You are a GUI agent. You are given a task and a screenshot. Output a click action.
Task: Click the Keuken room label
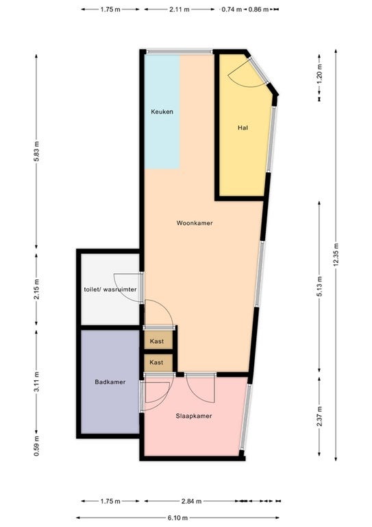162,112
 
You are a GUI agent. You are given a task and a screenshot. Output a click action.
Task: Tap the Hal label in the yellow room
243,128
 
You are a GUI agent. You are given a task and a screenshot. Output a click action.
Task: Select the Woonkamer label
195,223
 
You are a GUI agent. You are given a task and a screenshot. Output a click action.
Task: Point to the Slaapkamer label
194,416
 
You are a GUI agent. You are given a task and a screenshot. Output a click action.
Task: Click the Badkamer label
110,382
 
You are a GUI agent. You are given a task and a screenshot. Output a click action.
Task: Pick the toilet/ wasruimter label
110,290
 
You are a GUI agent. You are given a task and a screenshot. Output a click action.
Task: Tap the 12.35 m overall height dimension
336,255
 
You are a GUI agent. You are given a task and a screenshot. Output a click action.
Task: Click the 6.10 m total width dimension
178,518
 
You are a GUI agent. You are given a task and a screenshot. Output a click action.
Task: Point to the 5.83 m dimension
36,151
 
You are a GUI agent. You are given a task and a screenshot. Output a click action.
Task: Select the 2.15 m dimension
36,289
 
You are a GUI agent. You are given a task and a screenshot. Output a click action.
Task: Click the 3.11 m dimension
36,382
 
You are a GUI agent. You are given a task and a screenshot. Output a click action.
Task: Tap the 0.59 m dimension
36,446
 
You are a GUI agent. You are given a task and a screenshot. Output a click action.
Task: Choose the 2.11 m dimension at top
179,10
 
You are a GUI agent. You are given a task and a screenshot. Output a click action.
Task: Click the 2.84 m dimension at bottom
192,502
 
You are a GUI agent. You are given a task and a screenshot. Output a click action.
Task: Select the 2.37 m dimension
319,416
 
